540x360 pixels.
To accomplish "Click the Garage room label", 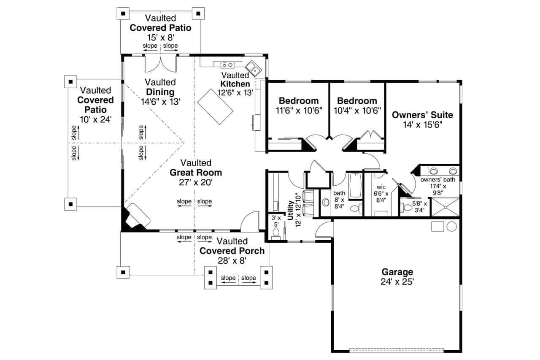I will (x=397, y=272).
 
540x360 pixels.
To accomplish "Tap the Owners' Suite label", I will (x=422, y=115).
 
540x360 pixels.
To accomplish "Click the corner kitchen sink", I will (x=253, y=68).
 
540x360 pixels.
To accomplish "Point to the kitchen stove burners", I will (x=227, y=65).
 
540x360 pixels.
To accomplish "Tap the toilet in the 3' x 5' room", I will (x=276, y=234).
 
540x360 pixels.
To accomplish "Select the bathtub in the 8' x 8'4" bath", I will (x=356, y=185).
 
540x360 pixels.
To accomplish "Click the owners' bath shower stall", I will (x=445, y=207).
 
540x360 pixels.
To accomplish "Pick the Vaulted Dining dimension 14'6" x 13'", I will (x=160, y=101).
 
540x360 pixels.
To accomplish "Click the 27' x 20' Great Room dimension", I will (x=195, y=182).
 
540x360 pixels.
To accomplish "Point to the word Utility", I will (x=290, y=210).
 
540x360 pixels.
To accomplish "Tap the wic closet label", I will (x=381, y=186).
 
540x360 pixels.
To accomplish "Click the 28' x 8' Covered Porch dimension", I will (x=232, y=261).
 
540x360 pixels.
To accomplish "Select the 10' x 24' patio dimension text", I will (x=95, y=119).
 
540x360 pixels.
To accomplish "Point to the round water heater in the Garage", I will (x=451, y=227).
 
